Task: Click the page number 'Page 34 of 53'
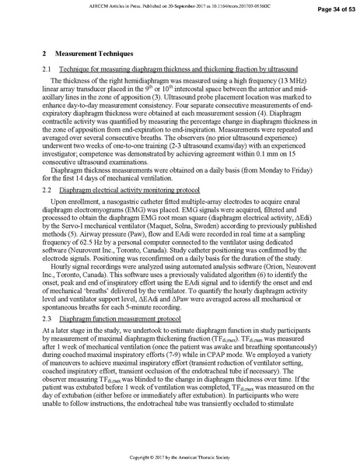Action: (323, 8)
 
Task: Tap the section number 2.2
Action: (46, 190)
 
